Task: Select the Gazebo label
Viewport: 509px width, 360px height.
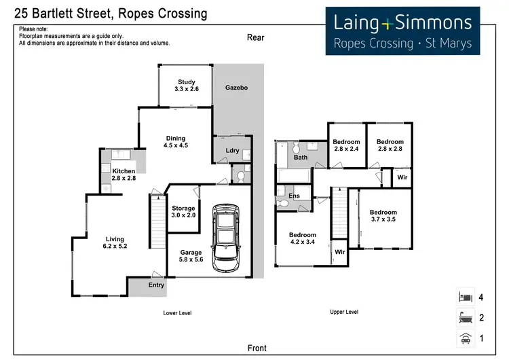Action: click(236, 88)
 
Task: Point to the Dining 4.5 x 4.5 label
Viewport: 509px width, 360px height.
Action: click(175, 141)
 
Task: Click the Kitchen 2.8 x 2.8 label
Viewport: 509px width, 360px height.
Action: click(124, 174)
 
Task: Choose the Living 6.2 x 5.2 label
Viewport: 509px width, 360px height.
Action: click(116, 242)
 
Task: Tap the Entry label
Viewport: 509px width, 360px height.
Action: click(156, 285)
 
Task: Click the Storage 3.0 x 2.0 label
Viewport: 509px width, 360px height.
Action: click(183, 211)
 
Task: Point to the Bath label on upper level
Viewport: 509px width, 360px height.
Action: click(300, 157)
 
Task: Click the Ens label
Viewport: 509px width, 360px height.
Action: click(294, 196)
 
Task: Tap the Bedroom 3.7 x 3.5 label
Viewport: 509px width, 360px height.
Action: click(383, 215)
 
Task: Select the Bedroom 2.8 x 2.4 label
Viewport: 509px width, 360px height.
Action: click(345, 145)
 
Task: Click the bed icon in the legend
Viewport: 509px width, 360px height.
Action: click(466, 296)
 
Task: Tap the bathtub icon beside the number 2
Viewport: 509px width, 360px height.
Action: click(466, 317)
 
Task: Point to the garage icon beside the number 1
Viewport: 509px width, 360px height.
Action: click(466, 338)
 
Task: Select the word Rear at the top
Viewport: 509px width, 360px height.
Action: click(255, 38)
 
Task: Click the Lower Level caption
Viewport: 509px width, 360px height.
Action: click(178, 312)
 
